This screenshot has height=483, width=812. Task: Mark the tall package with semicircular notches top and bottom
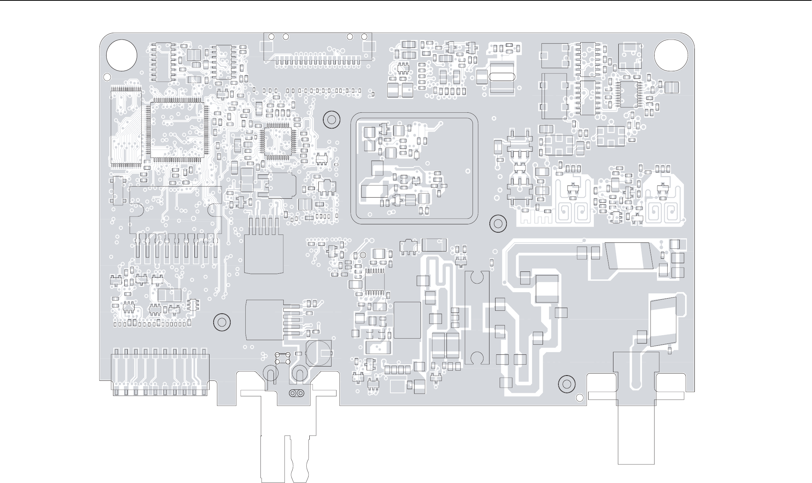[477, 317]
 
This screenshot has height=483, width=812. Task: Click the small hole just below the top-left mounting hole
[107, 77]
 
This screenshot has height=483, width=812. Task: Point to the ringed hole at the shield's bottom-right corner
[497, 224]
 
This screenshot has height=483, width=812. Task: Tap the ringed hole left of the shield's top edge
[332, 120]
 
